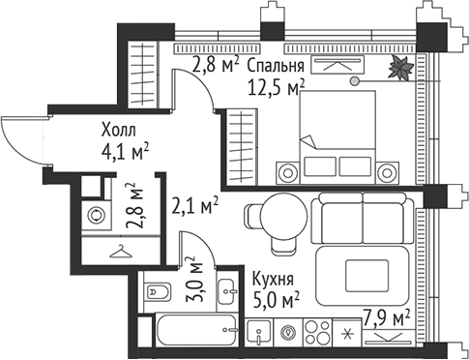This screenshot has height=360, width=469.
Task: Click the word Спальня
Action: point(276,66)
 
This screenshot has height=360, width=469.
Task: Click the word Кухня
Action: point(274,276)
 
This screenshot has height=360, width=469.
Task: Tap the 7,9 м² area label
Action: point(386,315)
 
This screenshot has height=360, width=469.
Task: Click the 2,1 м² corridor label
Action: point(195,204)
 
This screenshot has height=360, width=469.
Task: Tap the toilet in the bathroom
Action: point(157,288)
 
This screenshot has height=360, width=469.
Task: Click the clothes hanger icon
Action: point(119,253)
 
